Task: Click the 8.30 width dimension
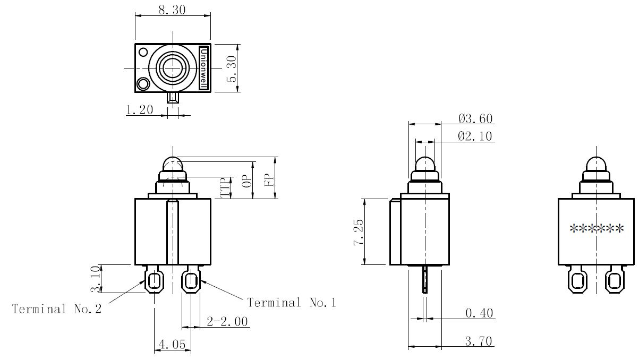coord(172,10)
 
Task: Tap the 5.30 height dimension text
coord(232,68)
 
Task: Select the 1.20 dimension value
coord(140,109)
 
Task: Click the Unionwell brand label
coord(203,68)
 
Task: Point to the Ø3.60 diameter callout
coord(475,118)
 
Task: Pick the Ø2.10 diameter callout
coord(475,136)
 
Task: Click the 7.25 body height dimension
coord(359,232)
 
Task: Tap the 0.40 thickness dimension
coord(479,313)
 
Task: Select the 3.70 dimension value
coord(479,341)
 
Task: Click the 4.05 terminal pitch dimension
coord(172,344)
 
